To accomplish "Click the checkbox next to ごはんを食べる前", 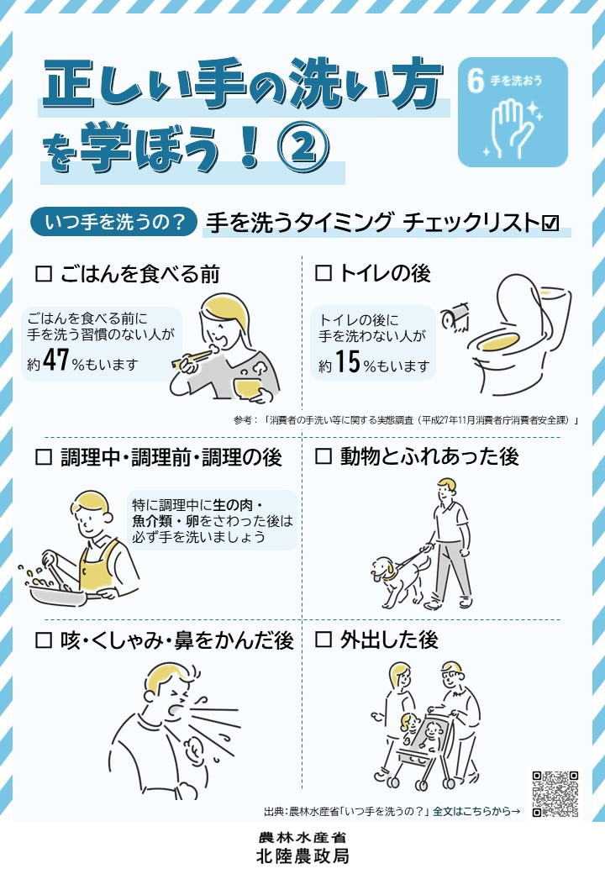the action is click(x=44, y=274).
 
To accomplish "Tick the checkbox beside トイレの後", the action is click(x=324, y=273).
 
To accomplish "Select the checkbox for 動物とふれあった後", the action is click(x=324, y=456).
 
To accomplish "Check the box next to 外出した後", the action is click(x=324, y=639).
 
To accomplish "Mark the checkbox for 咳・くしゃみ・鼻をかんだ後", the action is click(x=44, y=640).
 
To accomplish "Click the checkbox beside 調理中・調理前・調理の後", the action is click(x=44, y=457).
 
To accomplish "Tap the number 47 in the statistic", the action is click(x=55, y=360).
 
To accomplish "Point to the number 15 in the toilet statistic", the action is click(x=348, y=361).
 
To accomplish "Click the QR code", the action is click(x=555, y=793).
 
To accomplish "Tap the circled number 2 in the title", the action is click(x=303, y=146).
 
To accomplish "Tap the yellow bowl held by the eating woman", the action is click(x=249, y=387).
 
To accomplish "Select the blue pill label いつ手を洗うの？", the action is click(x=113, y=222).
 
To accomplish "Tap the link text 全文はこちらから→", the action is click(x=477, y=812).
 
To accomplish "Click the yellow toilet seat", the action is click(x=500, y=342).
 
